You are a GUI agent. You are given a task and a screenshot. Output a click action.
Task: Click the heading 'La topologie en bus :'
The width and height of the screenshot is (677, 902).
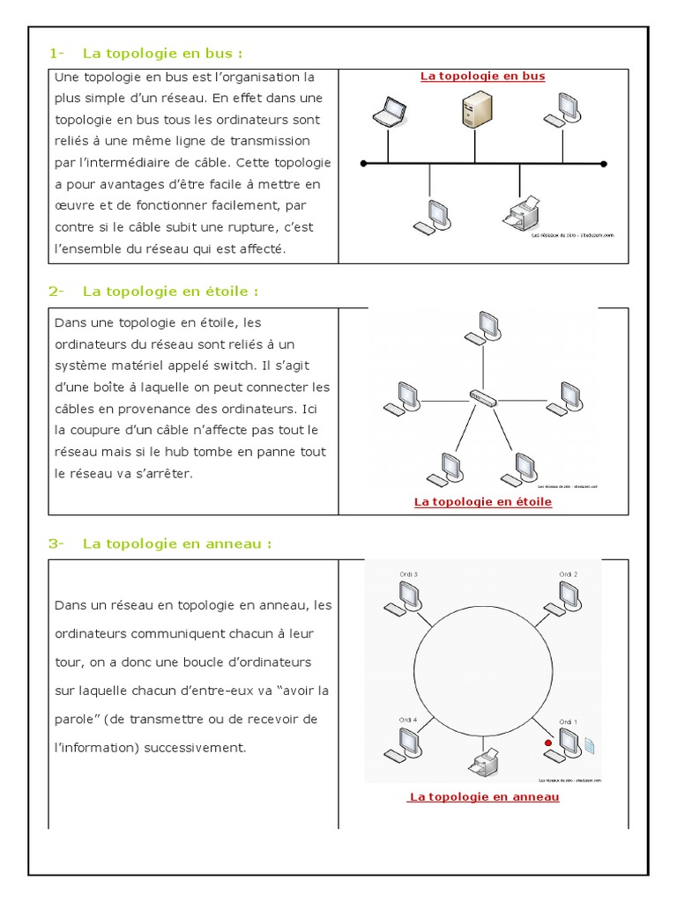point(162,52)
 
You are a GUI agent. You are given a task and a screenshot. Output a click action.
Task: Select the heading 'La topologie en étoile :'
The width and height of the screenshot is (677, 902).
point(171,291)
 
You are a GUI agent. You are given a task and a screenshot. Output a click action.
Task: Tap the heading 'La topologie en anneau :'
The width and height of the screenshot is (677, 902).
point(177,543)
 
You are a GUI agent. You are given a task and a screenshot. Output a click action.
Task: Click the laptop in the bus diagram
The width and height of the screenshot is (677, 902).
point(387,112)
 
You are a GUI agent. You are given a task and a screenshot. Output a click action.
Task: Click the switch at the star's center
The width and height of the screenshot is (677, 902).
point(483,398)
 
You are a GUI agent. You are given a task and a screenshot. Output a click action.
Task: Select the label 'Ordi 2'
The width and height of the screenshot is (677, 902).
point(569,574)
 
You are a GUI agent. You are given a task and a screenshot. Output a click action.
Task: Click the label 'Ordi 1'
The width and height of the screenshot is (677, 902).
point(569,722)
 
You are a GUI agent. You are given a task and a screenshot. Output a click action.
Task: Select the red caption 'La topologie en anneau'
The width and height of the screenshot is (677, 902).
point(484,797)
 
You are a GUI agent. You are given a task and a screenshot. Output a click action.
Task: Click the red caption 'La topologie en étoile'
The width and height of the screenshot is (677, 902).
point(483,502)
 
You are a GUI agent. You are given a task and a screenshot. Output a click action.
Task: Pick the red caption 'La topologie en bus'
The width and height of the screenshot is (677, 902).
point(483,77)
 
